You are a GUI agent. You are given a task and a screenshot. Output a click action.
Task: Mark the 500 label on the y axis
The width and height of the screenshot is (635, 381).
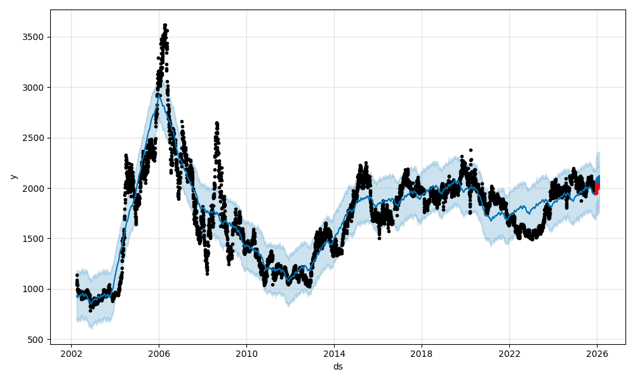(x=37, y=340)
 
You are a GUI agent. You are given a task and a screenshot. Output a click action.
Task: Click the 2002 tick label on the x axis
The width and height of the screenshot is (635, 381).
(x=71, y=354)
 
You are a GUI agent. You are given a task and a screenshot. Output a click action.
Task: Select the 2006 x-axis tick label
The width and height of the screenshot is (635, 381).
(x=159, y=354)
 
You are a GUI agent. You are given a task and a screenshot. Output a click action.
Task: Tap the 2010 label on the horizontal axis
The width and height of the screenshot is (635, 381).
(x=246, y=354)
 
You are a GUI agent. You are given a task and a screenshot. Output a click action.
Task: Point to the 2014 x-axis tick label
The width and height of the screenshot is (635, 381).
(x=334, y=354)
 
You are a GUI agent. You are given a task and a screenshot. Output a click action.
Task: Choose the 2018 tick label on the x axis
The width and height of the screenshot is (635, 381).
(x=422, y=354)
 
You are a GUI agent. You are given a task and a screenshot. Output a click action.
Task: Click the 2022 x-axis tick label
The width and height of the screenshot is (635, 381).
(x=509, y=354)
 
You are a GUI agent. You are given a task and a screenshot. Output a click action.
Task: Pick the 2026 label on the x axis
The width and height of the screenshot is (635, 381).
(x=597, y=354)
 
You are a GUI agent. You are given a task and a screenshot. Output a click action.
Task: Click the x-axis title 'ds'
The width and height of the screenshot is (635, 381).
(x=338, y=366)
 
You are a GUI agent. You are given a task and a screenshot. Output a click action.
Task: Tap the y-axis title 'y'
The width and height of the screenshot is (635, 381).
(x=13, y=177)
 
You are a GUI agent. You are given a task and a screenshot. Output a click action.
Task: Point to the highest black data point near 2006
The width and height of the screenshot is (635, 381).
(x=164, y=25)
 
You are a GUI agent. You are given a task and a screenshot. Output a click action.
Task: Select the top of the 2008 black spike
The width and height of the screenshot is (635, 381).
(x=217, y=123)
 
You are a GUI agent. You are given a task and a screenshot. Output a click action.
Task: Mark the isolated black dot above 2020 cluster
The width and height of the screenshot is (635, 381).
(x=471, y=150)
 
